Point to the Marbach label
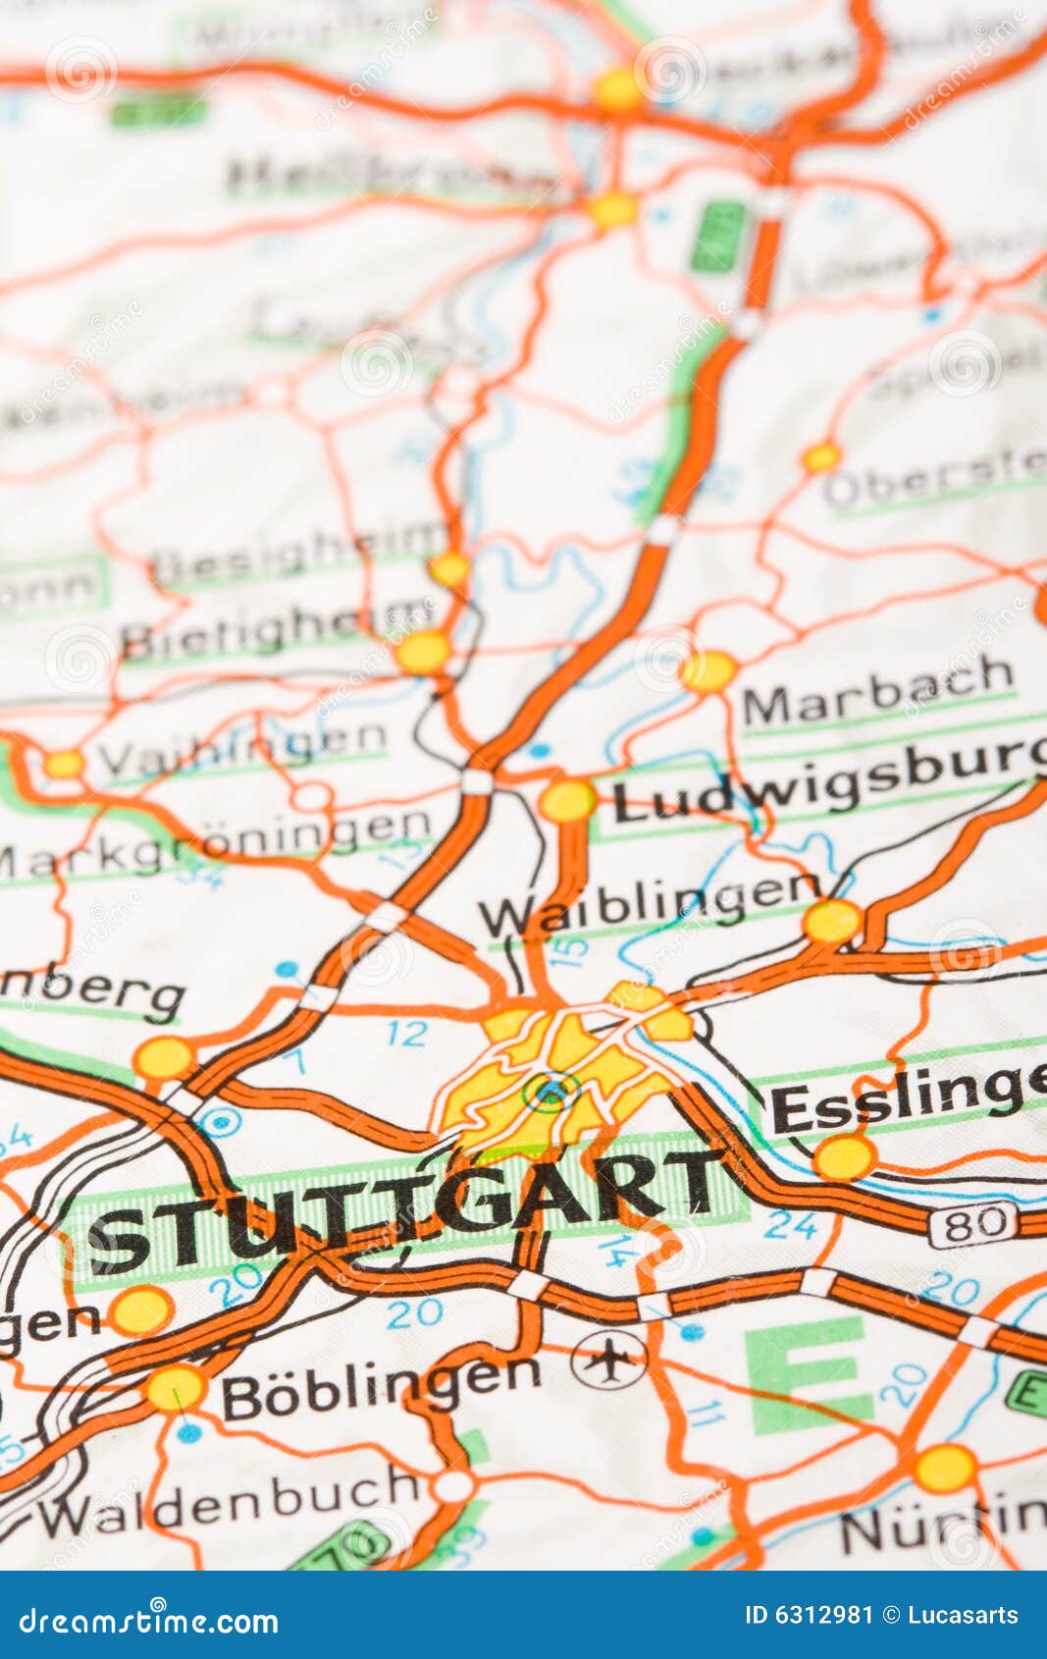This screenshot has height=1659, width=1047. click(878, 693)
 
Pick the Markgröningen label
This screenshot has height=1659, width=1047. click(216, 845)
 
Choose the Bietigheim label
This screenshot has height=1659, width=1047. click(275, 628)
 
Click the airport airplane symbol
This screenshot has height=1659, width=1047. click(609, 1360)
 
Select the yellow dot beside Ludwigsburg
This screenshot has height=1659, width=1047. click(567, 800)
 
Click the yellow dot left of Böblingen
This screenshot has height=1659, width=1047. click(177, 1388)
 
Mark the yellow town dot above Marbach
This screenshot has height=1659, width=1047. click(707, 671)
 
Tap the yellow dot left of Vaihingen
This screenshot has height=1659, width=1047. click(65, 764)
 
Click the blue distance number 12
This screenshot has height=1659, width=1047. click(406, 1033)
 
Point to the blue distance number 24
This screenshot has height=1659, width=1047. click(791, 1224)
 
